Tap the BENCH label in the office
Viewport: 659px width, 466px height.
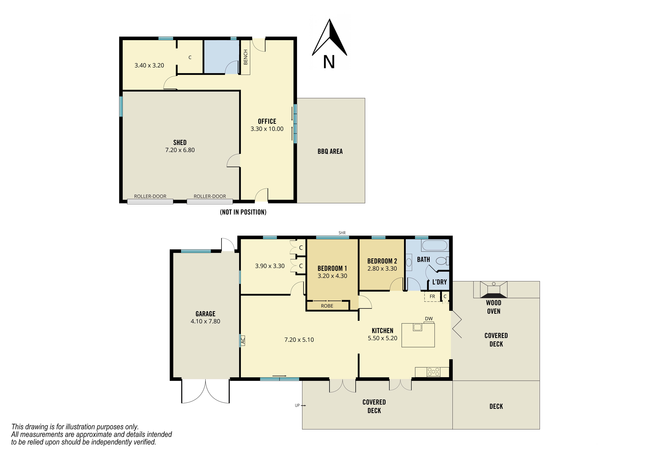(245, 57)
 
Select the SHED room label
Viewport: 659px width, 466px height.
(180, 142)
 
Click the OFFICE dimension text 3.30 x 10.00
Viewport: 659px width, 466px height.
(267, 129)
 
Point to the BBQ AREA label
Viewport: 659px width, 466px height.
(330, 151)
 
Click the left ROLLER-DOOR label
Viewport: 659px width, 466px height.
(150, 196)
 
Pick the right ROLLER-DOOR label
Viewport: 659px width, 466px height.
(210, 196)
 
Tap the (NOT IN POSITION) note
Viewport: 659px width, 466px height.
(243, 212)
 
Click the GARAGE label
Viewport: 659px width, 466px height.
(206, 314)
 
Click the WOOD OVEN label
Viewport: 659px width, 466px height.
(494, 307)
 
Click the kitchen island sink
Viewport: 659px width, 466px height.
(418, 327)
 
